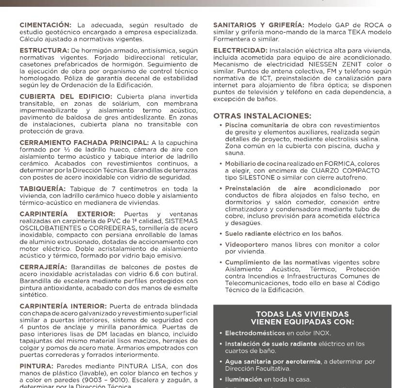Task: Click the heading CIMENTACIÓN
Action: click(x=45, y=25)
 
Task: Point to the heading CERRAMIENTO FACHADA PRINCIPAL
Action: click(x=84, y=143)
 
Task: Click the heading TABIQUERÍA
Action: click(x=42, y=189)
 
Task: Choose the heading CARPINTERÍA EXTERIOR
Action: click(x=67, y=214)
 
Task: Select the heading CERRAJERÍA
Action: click(x=43, y=267)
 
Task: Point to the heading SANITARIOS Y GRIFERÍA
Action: click(x=259, y=25)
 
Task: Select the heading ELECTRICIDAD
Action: click(x=240, y=50)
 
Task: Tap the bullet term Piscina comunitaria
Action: click(x=257, y=125)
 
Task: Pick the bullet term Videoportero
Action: click(x=247, y=245)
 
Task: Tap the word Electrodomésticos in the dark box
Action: click(x=254, y=333)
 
